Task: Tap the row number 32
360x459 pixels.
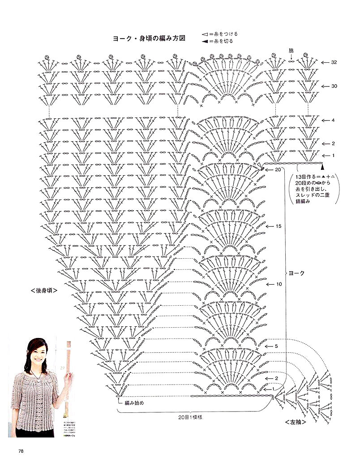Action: (334, 63)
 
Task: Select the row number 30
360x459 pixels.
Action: (334, 86)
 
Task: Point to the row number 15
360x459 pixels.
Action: (279, 226)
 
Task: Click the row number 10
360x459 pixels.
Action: (279, 284)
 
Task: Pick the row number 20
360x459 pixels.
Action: (278, 170)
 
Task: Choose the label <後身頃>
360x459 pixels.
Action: (45, 290)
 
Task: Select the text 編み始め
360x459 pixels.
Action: (134, 403)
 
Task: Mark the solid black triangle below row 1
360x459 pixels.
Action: (322, 167)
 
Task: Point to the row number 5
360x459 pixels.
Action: (277, 346)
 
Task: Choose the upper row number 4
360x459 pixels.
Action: (333, 121)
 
